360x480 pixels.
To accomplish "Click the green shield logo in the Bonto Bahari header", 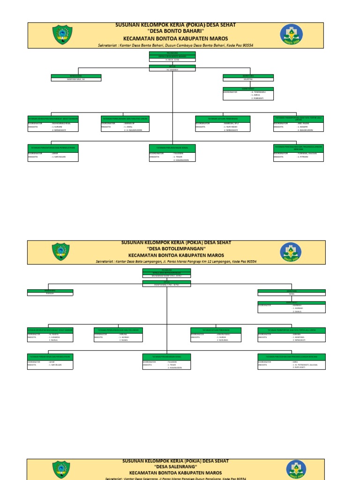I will [x=62, y=35].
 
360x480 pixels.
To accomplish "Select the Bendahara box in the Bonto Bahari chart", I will [x=75, y=77].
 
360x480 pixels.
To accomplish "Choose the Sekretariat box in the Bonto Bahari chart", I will [x=248, y=94].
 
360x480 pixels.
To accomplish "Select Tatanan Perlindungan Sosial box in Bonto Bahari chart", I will [x=172, y=153].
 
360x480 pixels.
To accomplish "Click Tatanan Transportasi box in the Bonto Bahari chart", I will [x=298, y=124].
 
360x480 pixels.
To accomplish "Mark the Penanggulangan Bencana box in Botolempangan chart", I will [x=291, y=361].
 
